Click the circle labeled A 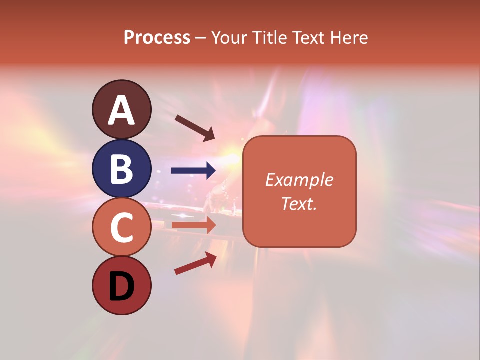tap(121, 109)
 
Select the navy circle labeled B tap(121, 168)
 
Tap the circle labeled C tap(121, 227)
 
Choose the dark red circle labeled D tap(121, 285)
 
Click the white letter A tap(121, 110)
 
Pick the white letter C tap(121, 227)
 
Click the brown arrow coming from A tap(194, 128)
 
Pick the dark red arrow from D tap(195, 263)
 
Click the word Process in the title tap(157, 38)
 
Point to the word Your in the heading tap(229, 38)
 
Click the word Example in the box tap(299, 180)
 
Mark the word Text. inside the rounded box tap(299, 203)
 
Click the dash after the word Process tap(201, 38)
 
